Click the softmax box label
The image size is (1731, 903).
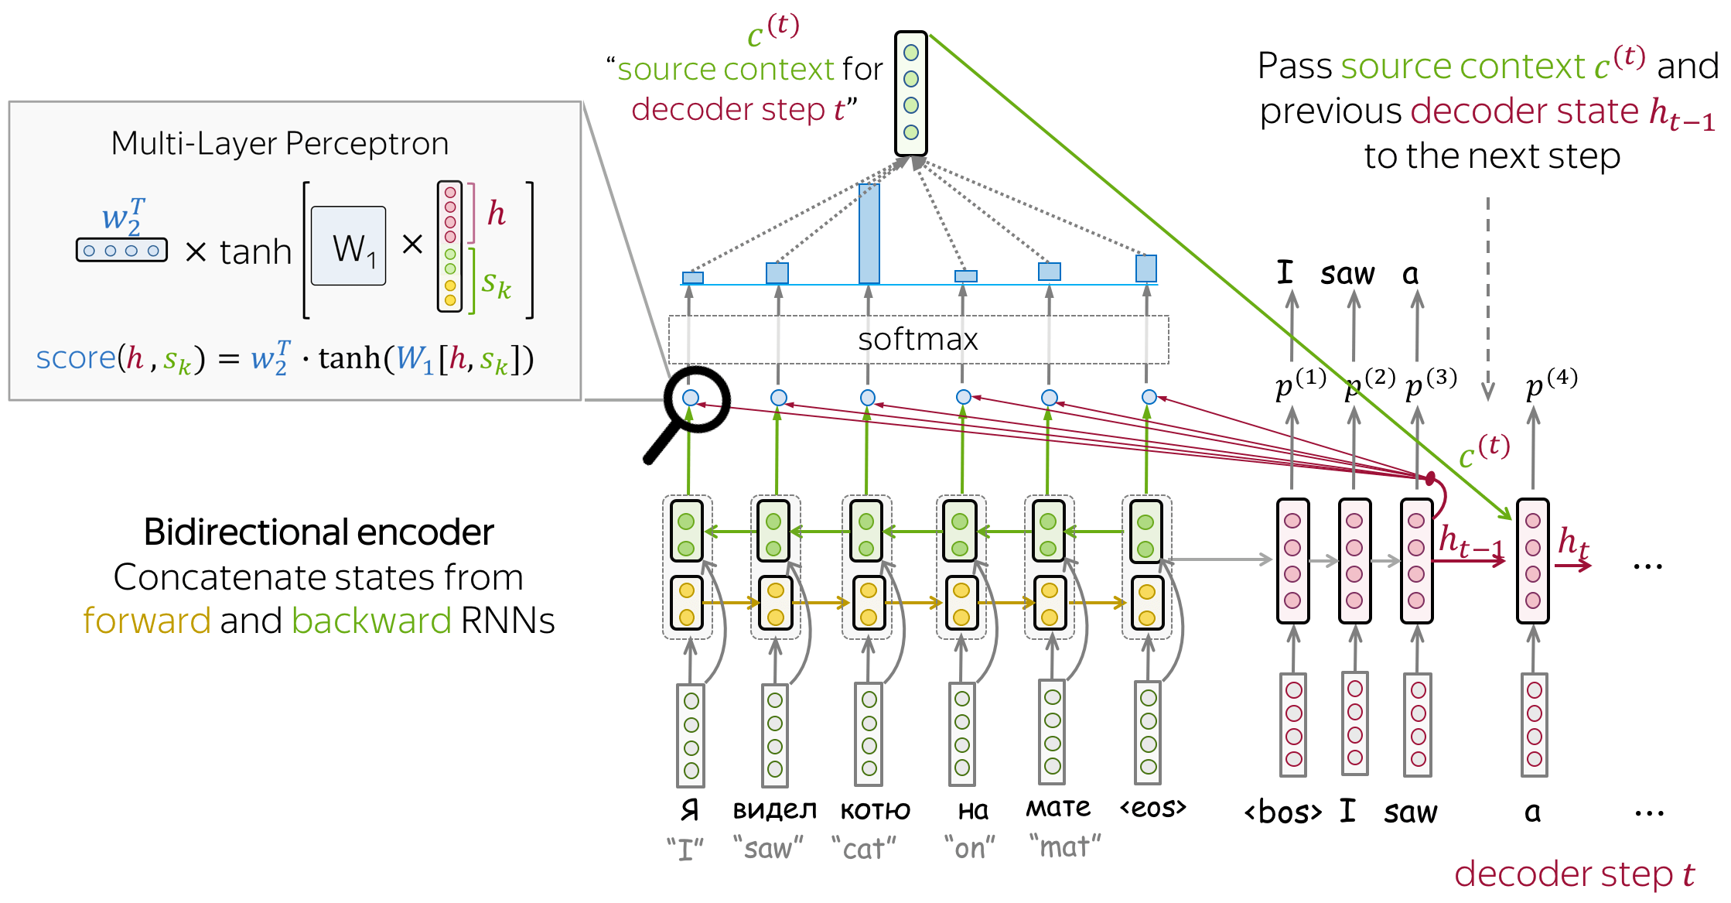tap(917, 339)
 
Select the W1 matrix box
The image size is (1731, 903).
tap(348, 246)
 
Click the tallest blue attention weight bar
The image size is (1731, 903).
tap(869, 234)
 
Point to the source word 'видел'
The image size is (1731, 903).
tap(774, 809)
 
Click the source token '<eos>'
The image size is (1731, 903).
tap(1152, 808)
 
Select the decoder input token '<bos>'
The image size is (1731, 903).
tap(1282, 812)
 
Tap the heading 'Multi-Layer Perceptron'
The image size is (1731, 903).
tap(279, 143)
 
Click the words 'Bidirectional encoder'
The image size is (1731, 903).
tap(318, 532)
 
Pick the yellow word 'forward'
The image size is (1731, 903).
tap(146, 621)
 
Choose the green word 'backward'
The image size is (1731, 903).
tap(371, 621)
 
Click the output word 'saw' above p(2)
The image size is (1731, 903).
tap(1347, 274)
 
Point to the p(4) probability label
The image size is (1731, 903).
tap(1550, 382)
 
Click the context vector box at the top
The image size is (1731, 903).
tap(910, 93)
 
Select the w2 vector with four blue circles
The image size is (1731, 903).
tap(121, 250)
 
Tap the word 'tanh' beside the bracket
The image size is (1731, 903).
tap(255, 251)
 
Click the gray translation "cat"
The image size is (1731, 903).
tap(863, 849)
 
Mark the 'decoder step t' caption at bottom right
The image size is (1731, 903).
tap(1574, 874)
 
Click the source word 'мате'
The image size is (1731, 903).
tap(1057, 808)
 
